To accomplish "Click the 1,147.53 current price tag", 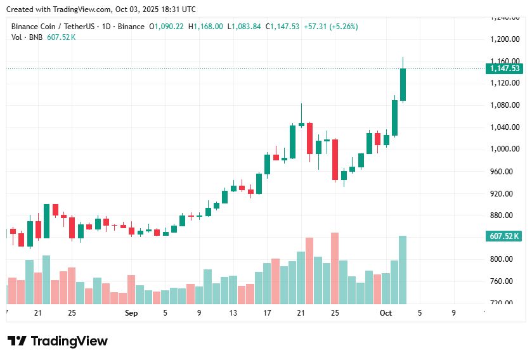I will [x=505, y=68].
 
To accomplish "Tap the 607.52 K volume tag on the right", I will [x=505, y=236].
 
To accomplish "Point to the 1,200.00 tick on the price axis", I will [x=505, y=39].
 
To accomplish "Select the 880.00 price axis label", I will [x=505, y=215].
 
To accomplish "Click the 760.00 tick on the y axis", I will [x=505, y=281].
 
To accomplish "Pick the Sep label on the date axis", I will [x=131, y=313].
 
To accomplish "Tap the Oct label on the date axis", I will [x=386, y=313].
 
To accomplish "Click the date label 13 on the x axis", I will [x=233, y=313].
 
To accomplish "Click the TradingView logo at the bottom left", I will [x=58, y=341].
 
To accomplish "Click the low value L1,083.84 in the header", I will [x=243, y=27].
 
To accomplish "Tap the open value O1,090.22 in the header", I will [x=166, y=27].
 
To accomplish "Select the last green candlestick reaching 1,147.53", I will [x=403, y=84].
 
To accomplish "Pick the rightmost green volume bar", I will [x=403, y=270].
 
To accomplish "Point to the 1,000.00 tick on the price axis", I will [x=505, y=150].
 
